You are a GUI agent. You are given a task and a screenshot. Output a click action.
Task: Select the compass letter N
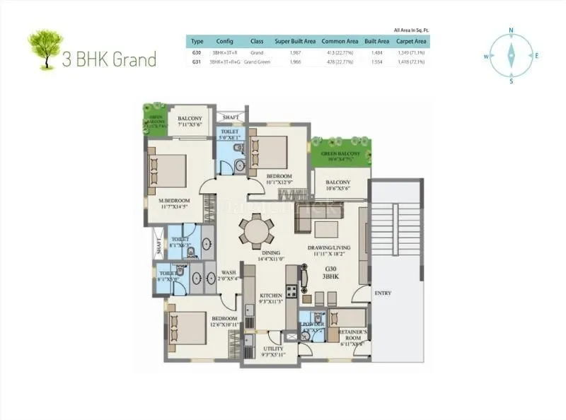510,31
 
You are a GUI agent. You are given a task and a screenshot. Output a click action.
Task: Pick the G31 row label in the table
197,62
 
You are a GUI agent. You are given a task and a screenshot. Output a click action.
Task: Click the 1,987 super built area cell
296,52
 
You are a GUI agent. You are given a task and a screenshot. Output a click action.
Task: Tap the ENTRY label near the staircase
382,293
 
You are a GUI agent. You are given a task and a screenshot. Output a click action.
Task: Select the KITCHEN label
271,296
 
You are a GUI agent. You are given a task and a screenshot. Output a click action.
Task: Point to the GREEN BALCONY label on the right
340,154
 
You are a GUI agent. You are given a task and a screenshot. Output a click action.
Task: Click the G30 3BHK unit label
331,274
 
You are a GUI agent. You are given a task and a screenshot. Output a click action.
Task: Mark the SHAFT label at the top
231,117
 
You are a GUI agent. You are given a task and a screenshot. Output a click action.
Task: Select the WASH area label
229,272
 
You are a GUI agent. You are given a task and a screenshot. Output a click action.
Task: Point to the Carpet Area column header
411,42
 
